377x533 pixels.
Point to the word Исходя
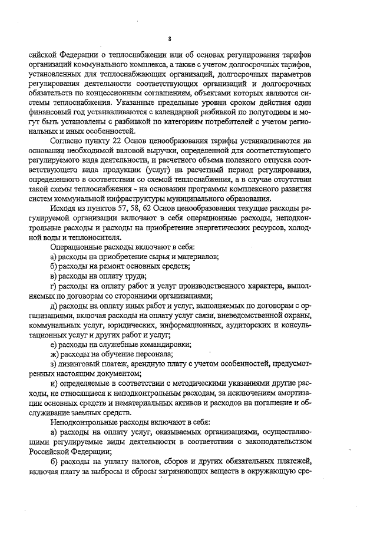coord(67,208)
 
